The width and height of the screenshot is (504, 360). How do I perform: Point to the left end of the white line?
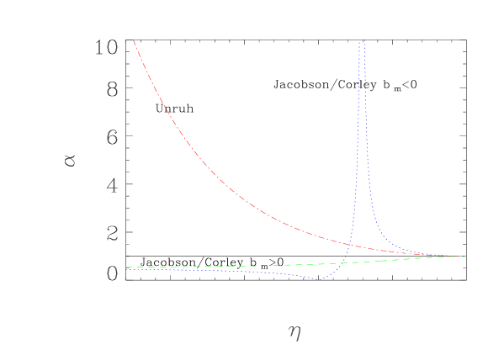tap(127, 243)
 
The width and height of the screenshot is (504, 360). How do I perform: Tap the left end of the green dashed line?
tap(127, 267)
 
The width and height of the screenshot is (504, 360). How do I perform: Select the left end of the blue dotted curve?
tap(127, 270)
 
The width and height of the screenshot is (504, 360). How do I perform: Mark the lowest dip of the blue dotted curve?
tap(319, 279)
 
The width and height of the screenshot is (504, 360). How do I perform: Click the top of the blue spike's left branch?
tap(359, 42)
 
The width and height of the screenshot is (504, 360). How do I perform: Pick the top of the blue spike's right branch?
tap(363, 42)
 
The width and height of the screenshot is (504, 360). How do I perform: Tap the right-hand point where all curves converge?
tap(463, 256)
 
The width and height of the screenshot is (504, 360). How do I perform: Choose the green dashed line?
tap(252, 266)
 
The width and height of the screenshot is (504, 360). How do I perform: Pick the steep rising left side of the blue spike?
tap(355, 168)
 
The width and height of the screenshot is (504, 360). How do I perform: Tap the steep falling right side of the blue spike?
tap(369, 168)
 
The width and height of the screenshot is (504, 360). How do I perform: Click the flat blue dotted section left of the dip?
tap(210, 271)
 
